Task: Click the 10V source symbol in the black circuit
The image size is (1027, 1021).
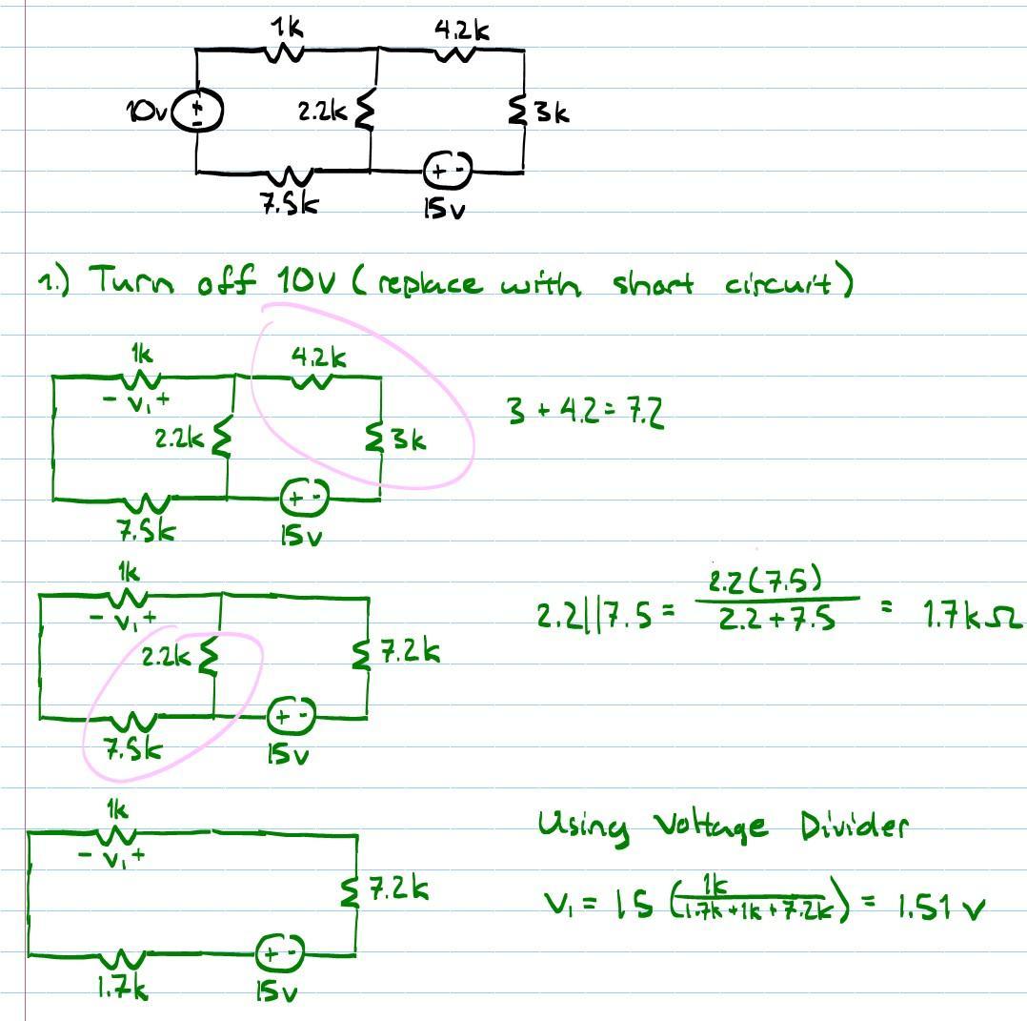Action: click(197, 112)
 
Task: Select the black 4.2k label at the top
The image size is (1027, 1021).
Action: click(462, 31)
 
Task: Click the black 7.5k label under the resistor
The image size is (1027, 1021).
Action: click(290, 204)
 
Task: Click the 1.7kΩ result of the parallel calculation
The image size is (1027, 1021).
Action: click(971, 618)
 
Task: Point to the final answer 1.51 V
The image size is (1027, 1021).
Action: click(938, 908)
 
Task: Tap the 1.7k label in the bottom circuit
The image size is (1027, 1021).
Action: click(122, 990)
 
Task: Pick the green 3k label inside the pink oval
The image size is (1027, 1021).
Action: click(407, 440)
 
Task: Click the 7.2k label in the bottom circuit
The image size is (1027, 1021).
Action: click(399, 889)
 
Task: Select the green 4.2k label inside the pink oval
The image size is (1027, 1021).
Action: click(318, 357)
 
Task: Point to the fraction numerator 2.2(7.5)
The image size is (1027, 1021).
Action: click(766, 580)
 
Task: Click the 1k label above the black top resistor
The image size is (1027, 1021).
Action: click(287, 29)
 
